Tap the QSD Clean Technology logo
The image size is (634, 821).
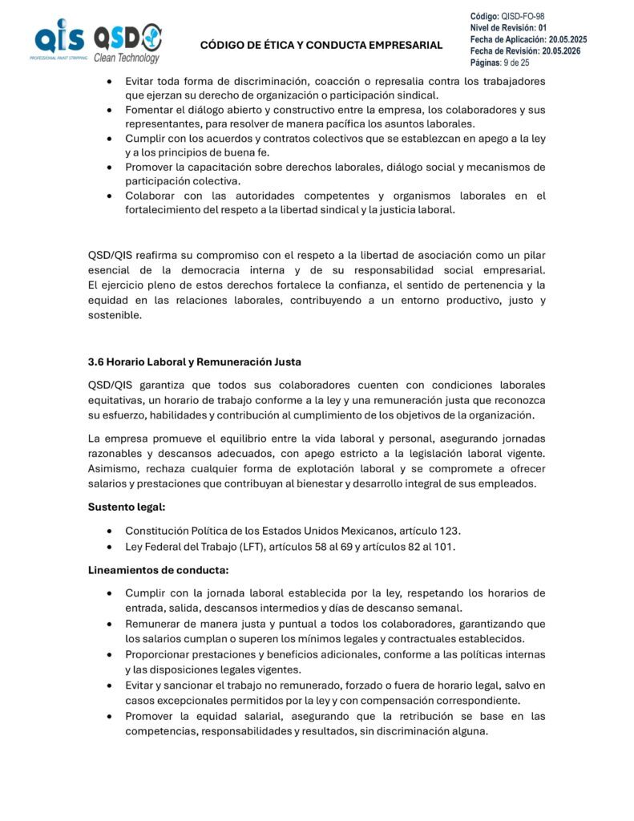click(x=127, y=42)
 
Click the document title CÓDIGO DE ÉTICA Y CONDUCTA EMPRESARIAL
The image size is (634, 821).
click(x=321, y=45)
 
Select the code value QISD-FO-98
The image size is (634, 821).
click(x=523, y=16)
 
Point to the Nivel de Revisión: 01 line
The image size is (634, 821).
click(x=507, y=28)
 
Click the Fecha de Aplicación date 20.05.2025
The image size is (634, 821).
click(x=567, y=39)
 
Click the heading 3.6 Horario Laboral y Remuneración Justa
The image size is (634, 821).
click(x=195, y=362)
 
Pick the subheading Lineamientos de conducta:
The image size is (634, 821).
click(x=146, y=570)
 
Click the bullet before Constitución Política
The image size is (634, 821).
click(x=109, y=532)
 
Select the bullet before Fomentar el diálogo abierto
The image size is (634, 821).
click(x=109, y=110)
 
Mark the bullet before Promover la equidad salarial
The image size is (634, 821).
click(x=109, y=717)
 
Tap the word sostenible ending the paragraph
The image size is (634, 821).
click(x=115, y=315)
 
